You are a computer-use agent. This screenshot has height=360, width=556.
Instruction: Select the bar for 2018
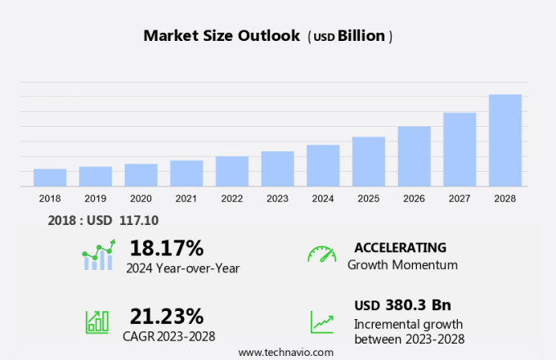[x=50, y=178]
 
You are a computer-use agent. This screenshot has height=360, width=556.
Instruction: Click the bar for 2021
[x=186, y=173]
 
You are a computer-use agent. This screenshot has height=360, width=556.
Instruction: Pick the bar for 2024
[x=323, y=165]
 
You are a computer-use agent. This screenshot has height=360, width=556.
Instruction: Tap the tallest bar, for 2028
[x=505, y=140]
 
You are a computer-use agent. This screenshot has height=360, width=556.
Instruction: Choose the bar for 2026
[x=414, y=156]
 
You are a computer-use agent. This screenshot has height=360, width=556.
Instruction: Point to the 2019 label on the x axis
[x=95, y=199]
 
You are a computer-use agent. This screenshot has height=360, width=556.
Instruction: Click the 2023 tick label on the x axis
[x=277, y=199]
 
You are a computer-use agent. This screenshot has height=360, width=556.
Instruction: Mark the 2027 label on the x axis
[x=460, y=199]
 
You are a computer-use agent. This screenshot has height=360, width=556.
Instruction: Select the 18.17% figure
[x=167, y=247]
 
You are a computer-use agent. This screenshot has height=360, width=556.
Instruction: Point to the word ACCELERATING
[x=400, y=247]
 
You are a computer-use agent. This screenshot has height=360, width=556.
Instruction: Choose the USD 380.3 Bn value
[x=402, y=305]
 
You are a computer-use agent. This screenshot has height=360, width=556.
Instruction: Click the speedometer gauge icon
[x=321, y=254]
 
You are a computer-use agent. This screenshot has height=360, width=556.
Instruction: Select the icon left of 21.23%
[x=97, y=321]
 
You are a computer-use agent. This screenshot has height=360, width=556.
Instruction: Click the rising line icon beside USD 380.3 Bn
[x=321, y=321]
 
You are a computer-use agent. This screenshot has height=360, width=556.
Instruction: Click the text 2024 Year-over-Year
[x=182, y=267]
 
